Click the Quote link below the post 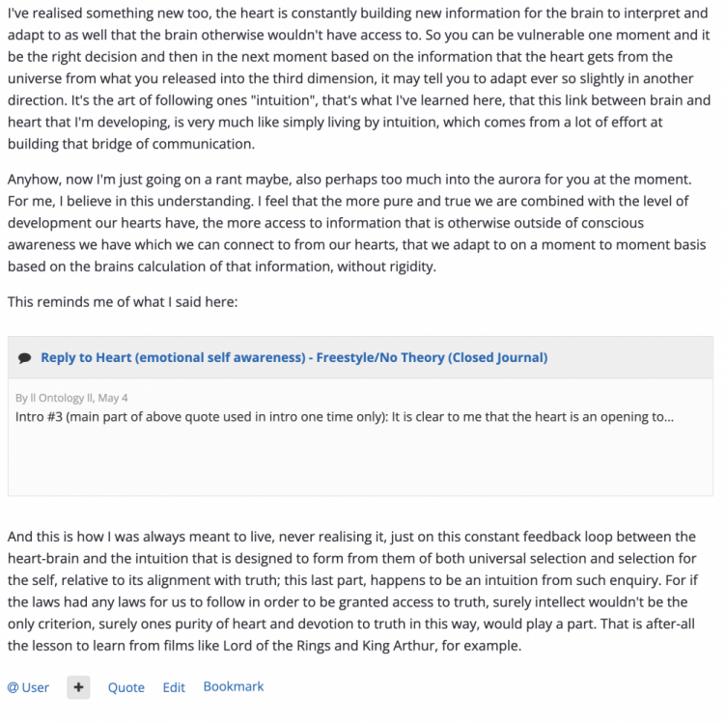coord(126,687)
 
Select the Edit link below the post coord(174,687)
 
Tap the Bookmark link coord(233,686)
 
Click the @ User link coord(28,687)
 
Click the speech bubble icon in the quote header coord(24,358)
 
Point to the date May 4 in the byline coord(112,398)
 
